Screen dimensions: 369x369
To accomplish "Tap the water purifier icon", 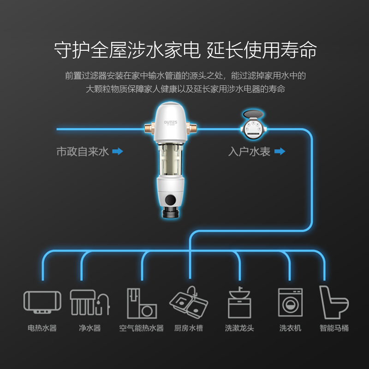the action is [89, 302].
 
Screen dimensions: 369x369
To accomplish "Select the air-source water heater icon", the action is [142, 303].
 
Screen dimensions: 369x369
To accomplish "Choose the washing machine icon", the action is [290, 303].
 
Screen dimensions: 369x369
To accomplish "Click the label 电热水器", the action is [42, 328].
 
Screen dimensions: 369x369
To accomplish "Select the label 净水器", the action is [89, 328].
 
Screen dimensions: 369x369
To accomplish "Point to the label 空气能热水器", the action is [142, 328].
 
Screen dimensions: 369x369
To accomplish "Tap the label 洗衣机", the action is [290, 328].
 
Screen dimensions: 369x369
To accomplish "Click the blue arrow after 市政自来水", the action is [118, 151].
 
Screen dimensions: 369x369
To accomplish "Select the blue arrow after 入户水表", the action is [280, 151].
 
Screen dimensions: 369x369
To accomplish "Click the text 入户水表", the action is [249, 151].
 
